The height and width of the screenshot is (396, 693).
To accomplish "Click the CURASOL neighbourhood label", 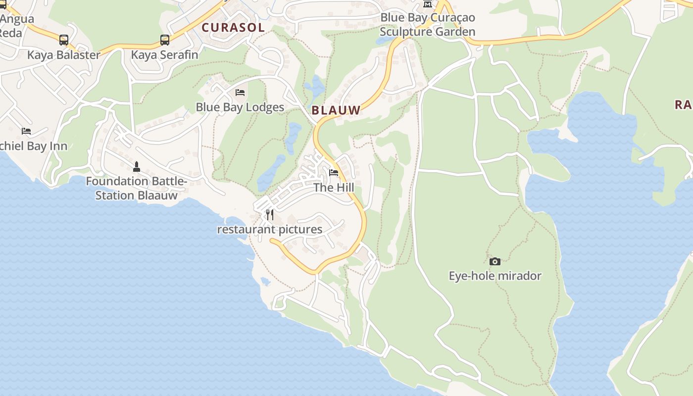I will pyautogui.click(x=233, y=28).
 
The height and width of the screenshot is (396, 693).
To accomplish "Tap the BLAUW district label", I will pyautogui.click(x=336, y=110).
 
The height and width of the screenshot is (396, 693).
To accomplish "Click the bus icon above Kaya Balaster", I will pyautogui.click(x=64, y=40).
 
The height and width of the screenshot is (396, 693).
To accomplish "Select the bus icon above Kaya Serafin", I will pyautogui.click(x=165, y=40).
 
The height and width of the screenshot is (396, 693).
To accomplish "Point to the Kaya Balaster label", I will pyautogui.click(x=64, y=55).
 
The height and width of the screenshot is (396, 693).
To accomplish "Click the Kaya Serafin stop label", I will pyautogui.click(x=164, y=55).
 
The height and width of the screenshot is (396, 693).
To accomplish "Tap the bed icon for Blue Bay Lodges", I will pyautogui.click(x=240, y=93).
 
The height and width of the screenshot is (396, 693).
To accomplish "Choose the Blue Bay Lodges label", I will pyautogui.click(x=240, y=107).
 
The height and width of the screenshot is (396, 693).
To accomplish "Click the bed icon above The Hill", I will pyautogui.click(x=334, y=173).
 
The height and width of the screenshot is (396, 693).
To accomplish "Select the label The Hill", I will pyautogui.click(x=334, y=188).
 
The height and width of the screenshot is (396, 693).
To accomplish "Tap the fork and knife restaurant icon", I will pyautogui.click(x=270, y=214).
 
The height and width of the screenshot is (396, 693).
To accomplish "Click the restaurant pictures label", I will pyautogui.click(x=270, y=230).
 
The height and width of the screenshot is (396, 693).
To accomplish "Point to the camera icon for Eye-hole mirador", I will pyautogui.click(x=495, y=261).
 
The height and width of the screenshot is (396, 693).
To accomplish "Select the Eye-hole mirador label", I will pyautogui.click(x=495, y=276).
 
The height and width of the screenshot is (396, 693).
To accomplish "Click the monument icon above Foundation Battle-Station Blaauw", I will pyautogui.click(x=137, y=167).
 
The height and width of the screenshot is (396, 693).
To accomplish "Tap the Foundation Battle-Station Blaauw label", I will pyautogui.click(x=136, y=188).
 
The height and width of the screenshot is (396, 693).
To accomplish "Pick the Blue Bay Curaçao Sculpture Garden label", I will pyautogui.click(x=428, y=25).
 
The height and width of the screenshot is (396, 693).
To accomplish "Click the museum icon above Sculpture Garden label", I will pyautogui.click(x=428, y=4).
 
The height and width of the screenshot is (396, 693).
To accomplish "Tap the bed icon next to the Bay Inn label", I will pyautogui.click(x=26, y=131).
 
